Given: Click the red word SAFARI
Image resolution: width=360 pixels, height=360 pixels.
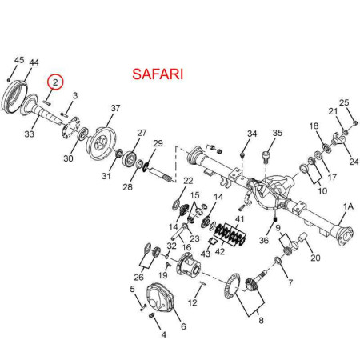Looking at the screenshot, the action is [158, 74].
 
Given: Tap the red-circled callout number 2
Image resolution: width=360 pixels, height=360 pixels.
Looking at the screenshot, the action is [55, 82].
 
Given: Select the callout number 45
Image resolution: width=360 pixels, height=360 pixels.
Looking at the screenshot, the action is [19, 60].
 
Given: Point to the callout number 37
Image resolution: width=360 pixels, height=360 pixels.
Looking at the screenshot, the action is [115, 108].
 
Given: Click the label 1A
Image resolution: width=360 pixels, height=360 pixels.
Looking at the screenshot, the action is [348, 206].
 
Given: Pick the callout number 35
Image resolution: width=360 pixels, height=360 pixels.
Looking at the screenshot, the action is [278, 133].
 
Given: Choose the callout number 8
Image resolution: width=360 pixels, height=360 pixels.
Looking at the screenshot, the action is [261, 320].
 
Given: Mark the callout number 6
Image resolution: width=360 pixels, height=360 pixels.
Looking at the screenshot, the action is [183, 326].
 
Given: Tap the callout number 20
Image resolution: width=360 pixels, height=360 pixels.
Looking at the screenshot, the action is [315, 258].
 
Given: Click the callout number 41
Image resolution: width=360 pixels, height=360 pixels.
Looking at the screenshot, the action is [239, 219].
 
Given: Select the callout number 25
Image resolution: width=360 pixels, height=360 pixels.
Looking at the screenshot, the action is [344, 102].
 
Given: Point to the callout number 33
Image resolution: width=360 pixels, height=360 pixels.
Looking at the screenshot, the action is [30, 134].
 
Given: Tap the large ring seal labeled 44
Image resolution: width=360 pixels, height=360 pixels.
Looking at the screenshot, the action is [14, 96].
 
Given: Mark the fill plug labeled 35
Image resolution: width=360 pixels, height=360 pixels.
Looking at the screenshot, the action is [266, 157].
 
